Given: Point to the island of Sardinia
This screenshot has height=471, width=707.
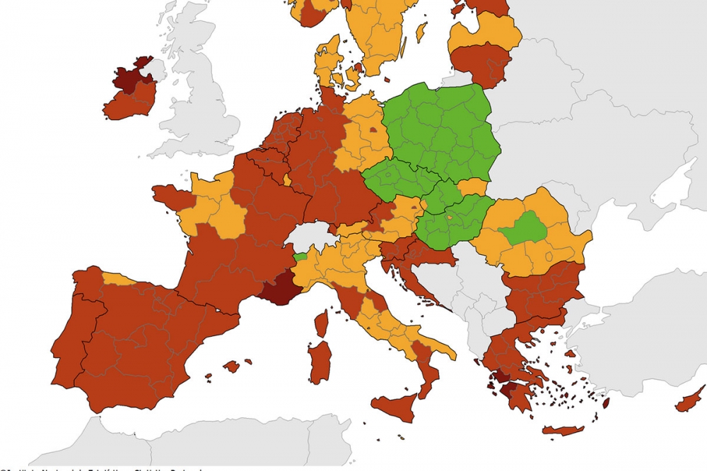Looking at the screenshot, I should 320,361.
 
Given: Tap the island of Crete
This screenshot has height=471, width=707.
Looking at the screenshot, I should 563,430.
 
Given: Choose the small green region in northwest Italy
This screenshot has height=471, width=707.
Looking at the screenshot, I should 300,256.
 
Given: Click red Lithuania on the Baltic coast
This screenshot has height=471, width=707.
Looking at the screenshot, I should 481,62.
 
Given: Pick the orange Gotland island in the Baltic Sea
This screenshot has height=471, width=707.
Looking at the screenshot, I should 421,32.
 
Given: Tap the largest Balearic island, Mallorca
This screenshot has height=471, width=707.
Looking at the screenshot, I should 231,366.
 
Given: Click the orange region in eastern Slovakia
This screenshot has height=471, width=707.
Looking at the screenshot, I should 472,187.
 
